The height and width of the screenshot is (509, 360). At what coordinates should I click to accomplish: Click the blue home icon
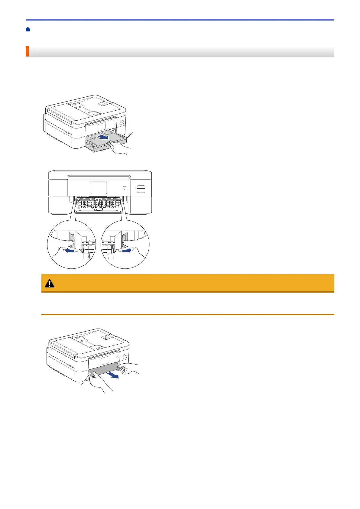tap(28, 29)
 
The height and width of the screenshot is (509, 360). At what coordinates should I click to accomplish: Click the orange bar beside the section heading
tap(27, 51)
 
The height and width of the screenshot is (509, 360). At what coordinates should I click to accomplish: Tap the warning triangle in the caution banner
tap(50, 283)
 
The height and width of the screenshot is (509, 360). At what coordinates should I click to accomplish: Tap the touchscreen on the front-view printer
tap(99, 188)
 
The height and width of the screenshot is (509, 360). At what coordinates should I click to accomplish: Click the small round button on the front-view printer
tap(125, 188)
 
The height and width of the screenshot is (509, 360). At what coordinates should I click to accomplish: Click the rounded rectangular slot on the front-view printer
tap(141, 189)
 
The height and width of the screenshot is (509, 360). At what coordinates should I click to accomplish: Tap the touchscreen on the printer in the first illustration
tap(102, 128)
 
